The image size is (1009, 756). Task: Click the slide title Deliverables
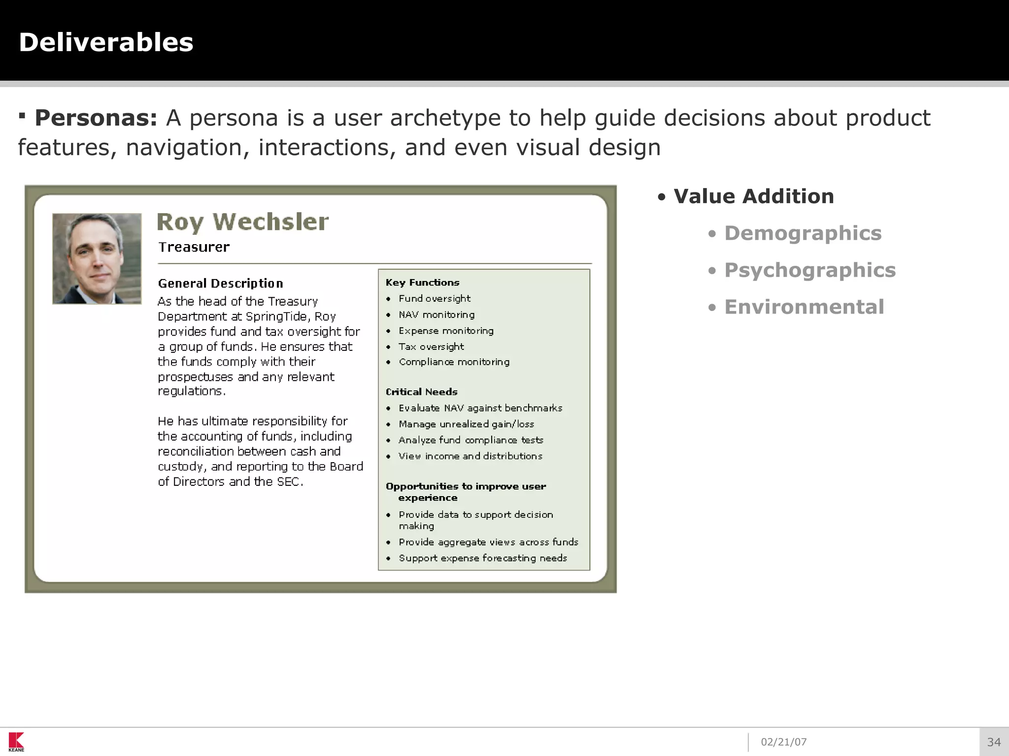pos(106,42)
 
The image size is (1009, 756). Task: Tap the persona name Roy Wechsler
pos(242,222)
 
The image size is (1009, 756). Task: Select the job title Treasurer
pos(194,247)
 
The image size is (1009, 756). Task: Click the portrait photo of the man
pos(97,258)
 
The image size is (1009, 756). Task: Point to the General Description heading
pos(220,283)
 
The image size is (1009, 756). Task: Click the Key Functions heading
pos(422,283)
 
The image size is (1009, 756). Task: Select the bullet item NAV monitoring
pos(437,315)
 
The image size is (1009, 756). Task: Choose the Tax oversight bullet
pos(431,346)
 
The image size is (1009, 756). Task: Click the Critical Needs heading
pos(421,392)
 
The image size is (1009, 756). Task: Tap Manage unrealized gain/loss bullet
pos(466,424)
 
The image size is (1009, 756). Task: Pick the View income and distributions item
pos(470,456)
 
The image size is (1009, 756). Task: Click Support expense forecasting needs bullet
pos(483,558)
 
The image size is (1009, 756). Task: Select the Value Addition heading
pos(753,196)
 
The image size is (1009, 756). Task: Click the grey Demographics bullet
pos(803,233)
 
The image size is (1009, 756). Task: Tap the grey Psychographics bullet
pos(809,270)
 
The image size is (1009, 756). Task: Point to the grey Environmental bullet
pos(804,307)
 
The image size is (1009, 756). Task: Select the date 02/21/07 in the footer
pos(783,742)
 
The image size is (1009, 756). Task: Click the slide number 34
pos(994,742)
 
